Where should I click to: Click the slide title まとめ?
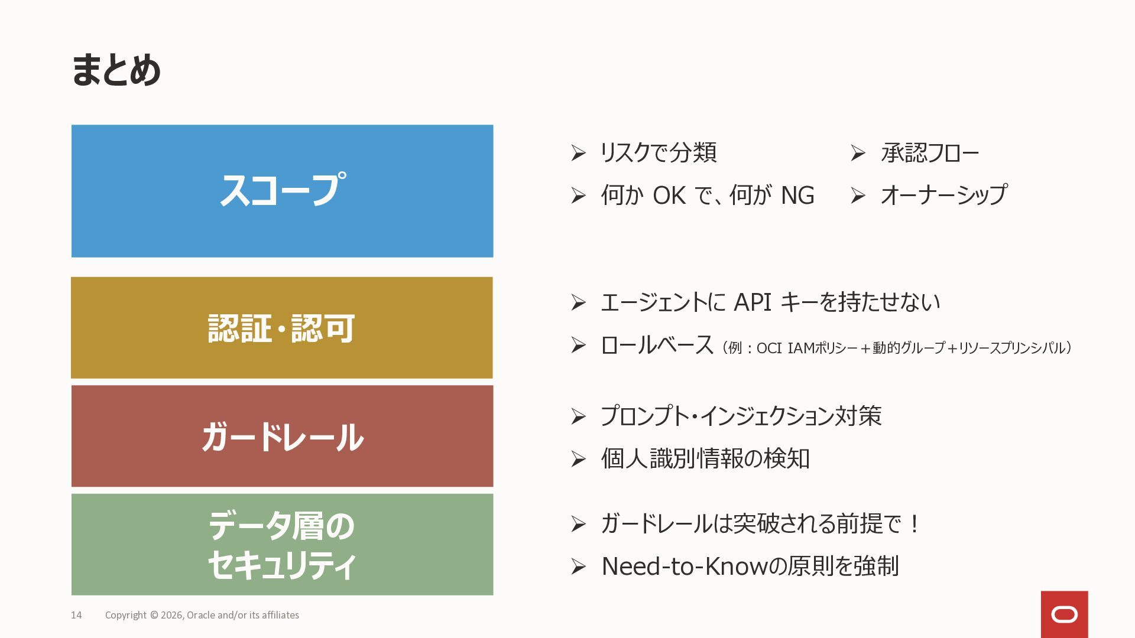(116, 70)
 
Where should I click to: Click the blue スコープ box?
(282, 191)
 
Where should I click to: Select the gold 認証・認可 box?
(281, 328)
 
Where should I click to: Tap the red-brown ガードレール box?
(282, 437)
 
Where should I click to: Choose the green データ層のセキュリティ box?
(282, 545)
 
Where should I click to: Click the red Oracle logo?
(1064, 614)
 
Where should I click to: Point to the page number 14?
(76, 615)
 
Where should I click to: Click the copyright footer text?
(202, 615)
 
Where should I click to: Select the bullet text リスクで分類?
(658, 153)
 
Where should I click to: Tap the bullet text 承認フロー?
(930, 153)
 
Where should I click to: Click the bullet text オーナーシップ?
(943, 195)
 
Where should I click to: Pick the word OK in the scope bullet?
(669, 196)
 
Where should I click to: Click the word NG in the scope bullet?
(797, 196)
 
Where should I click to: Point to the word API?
(752, 302)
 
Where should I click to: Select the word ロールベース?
(657, 346)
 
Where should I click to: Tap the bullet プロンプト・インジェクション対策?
(741, 416)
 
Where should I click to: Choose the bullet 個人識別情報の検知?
(705, 458)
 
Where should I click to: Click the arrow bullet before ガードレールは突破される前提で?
(578, 524)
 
